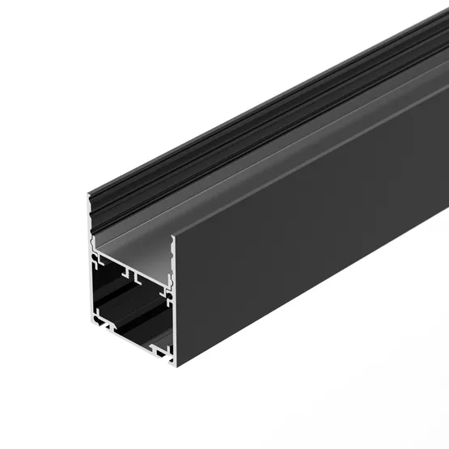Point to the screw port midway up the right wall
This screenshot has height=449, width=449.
[167, 296]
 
